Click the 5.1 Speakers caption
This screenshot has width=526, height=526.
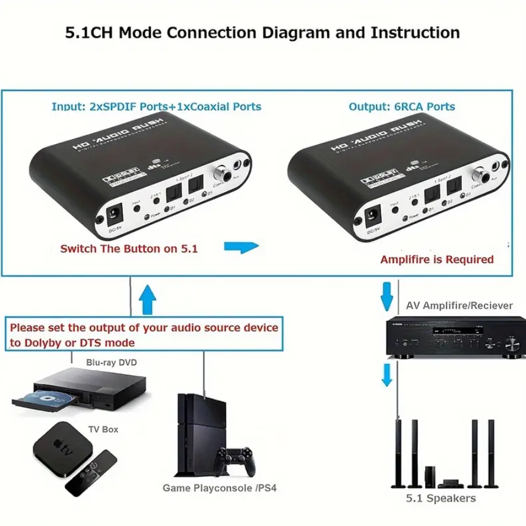coord(441,498)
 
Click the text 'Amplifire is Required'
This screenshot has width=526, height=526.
coord(437,259)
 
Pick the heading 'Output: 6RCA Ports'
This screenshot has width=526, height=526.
coord(402,107)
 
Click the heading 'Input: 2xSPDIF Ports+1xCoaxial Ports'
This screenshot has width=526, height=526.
coord(156,107)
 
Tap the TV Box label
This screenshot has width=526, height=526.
coord(102,429)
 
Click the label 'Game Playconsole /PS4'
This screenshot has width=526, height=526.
coord(219,489)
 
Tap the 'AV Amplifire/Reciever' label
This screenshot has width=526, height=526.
coord(459,305)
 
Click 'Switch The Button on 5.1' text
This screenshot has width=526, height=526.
coord(129,248)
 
